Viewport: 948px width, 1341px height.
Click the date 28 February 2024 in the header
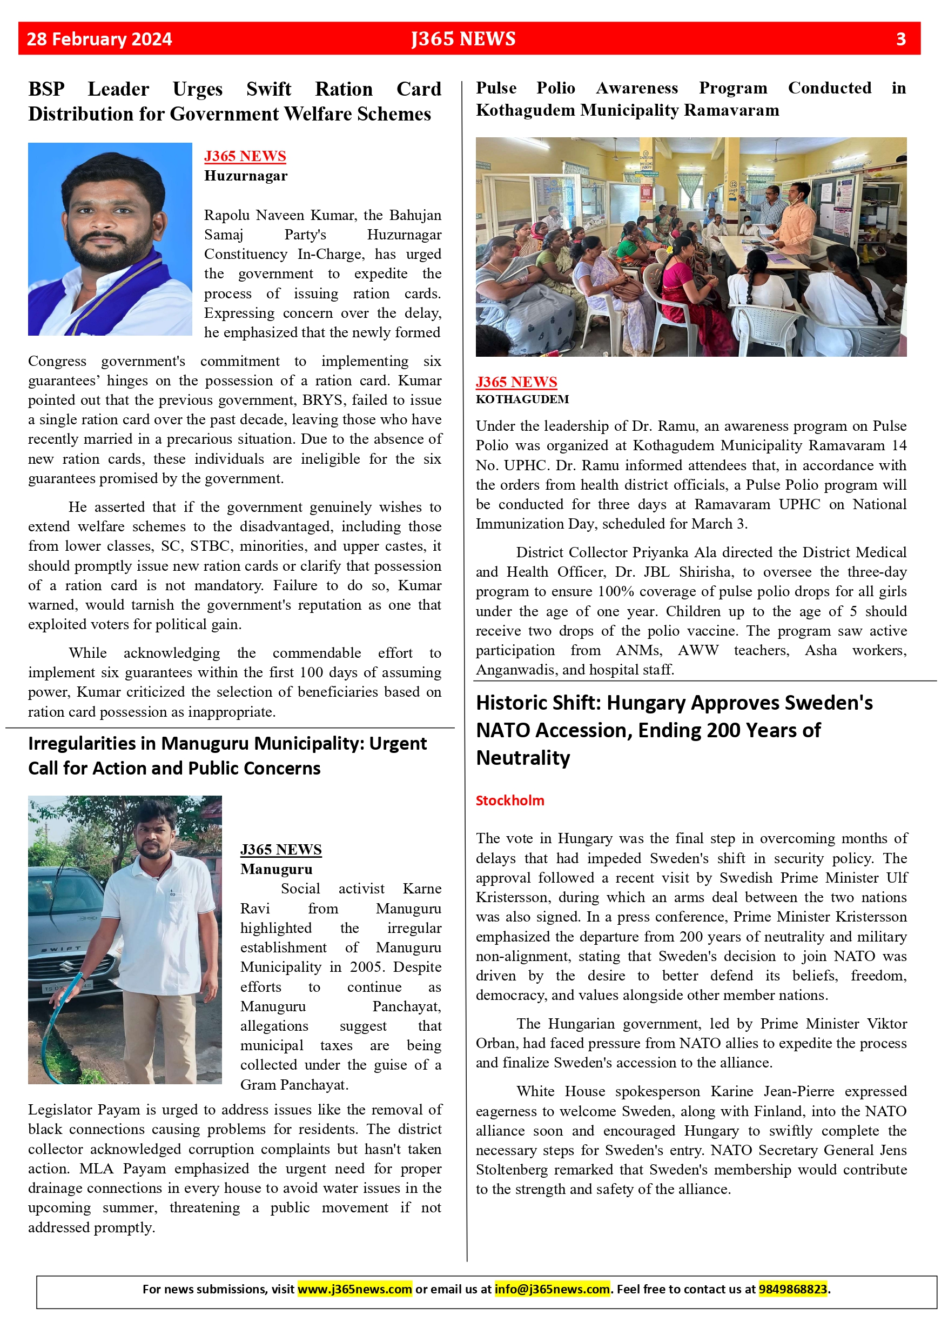99,39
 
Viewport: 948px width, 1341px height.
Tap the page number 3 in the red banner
900,39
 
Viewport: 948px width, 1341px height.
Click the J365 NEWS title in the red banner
463,39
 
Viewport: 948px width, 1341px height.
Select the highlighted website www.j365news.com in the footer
354,1289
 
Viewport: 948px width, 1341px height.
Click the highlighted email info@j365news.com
552,1289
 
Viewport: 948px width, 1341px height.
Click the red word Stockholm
509,800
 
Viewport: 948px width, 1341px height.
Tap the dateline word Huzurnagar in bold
245,176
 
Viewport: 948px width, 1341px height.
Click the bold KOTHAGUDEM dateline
522,399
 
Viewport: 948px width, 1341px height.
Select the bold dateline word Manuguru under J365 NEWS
276,869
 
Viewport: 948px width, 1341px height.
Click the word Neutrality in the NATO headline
523,758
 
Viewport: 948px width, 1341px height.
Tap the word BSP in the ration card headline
46,89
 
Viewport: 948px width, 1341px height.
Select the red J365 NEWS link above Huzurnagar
245,156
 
